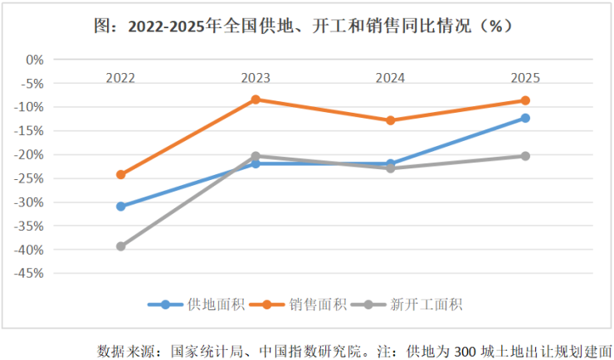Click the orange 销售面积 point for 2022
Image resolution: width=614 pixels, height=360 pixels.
pos(120,174)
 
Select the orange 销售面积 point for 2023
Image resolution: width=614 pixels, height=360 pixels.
pos(256,100)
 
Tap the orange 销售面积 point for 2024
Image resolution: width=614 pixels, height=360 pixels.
pos(390,120)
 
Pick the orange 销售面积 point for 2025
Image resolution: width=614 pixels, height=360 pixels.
pos(525,100)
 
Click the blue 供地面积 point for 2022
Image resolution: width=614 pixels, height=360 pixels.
pos(120,206)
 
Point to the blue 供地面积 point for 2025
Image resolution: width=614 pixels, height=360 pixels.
pos(525,118)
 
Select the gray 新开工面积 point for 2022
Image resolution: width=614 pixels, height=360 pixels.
pos(120,246)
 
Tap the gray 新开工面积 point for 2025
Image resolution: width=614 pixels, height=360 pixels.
pos(525,156)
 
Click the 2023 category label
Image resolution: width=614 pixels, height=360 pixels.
pos(256,78)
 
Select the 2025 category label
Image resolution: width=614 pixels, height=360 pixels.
pos(525,78)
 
